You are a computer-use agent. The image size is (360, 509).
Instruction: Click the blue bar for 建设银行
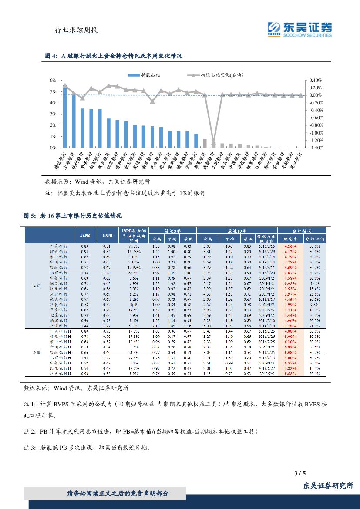pos(65,118)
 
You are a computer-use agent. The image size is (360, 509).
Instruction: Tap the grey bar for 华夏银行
pos(205,144)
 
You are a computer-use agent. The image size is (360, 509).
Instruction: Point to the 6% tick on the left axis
pos(54,81)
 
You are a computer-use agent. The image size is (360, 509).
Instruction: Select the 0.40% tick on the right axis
pos(316,81)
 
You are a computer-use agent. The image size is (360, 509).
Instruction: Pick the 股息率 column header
pos(290,239)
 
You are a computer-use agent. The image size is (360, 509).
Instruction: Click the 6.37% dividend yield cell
pos(290,362)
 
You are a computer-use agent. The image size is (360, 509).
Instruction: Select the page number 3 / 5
pos(300,473)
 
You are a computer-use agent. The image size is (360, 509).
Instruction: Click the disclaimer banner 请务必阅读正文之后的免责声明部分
pos(118,493)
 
